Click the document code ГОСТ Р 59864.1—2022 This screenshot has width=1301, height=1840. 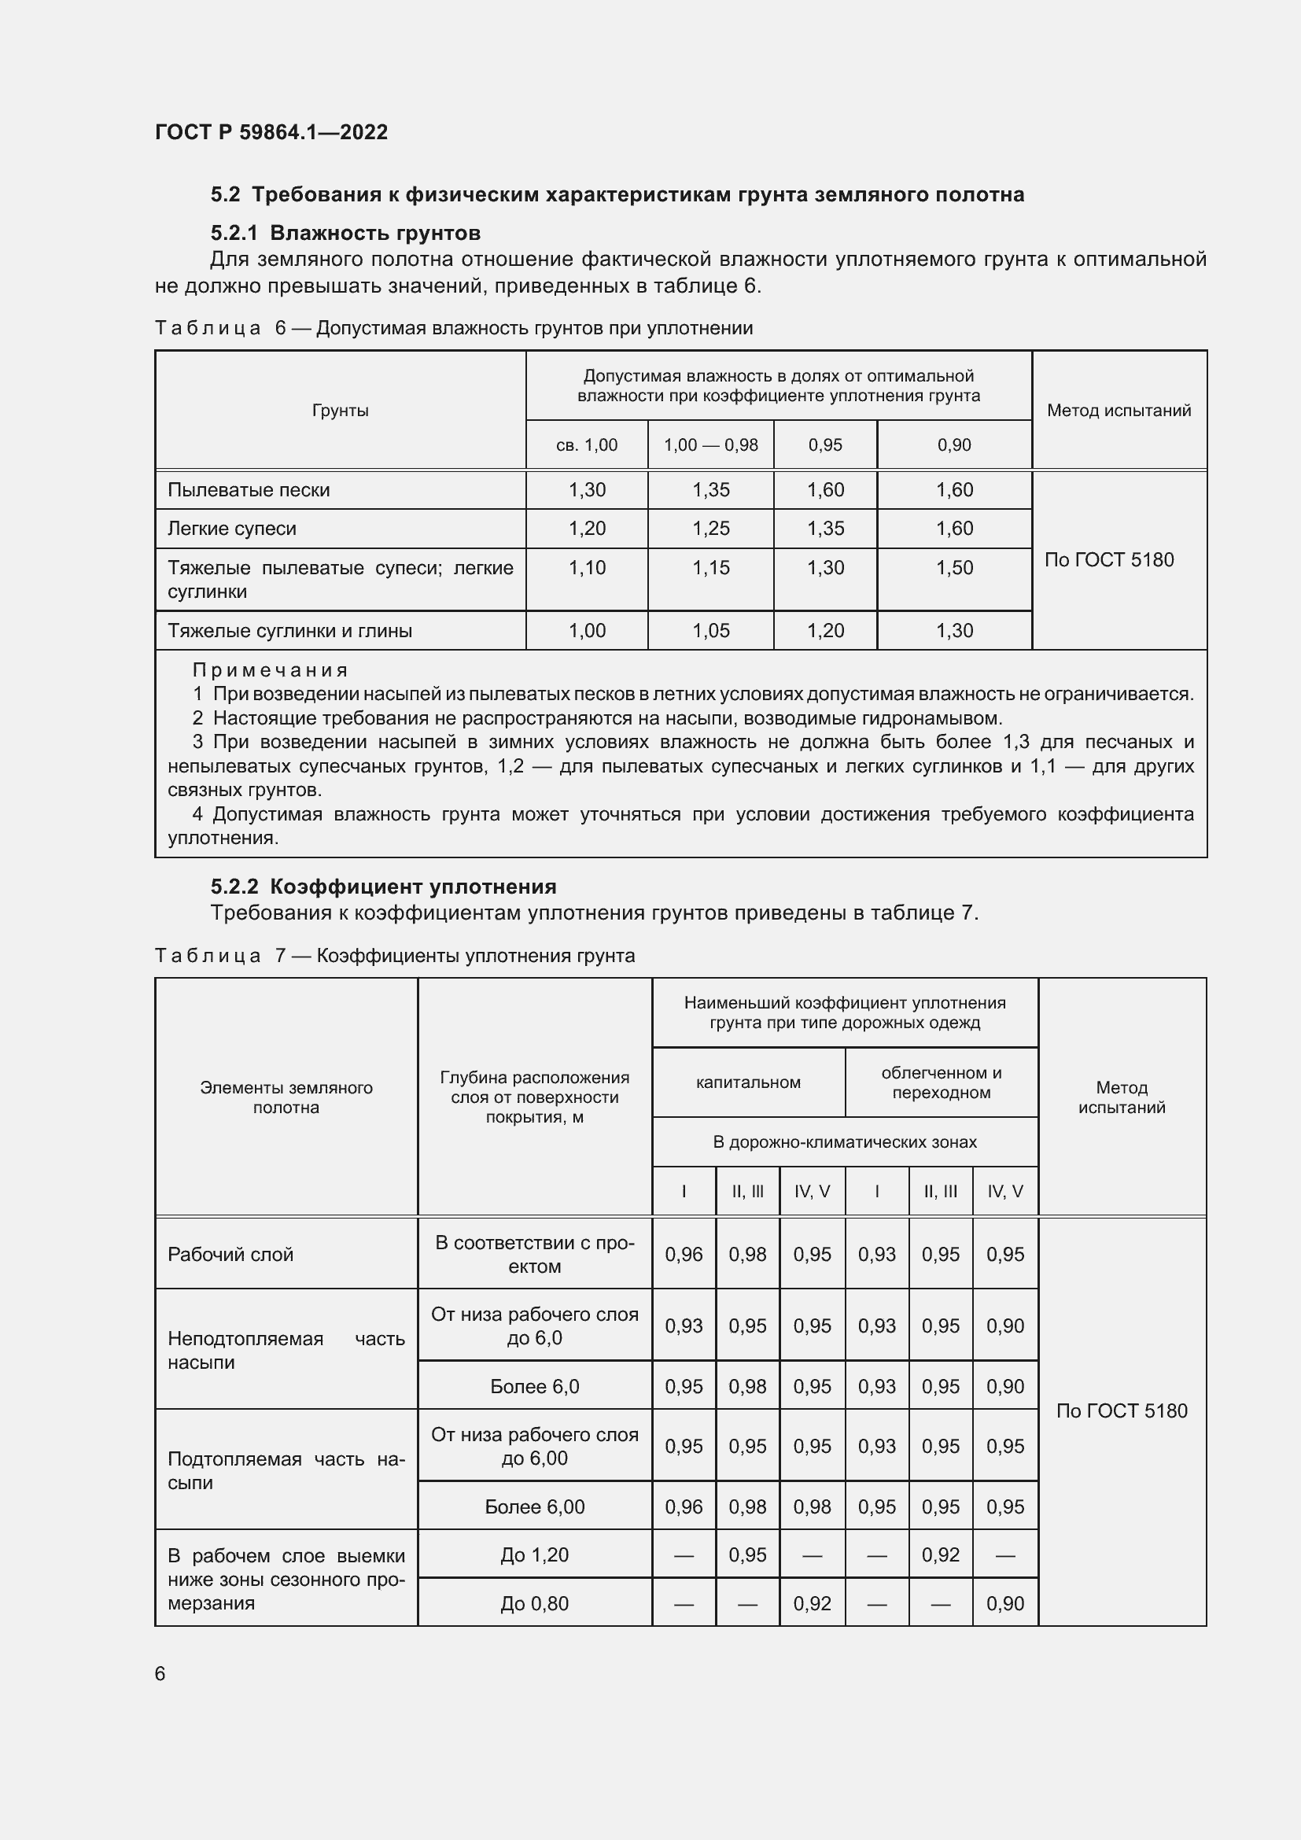tap(271, 132)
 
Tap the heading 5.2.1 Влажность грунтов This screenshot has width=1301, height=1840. tap(345, 233)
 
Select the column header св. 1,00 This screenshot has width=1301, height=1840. tap(587, 444)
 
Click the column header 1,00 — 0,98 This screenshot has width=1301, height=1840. tap(710, 444)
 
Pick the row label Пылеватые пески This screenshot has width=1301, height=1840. tap(249, 489)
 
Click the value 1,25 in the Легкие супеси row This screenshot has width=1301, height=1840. tap(710, 528)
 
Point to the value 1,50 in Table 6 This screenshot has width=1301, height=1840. tap(954, 567)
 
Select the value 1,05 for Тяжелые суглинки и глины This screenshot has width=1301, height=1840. tap(710, 631)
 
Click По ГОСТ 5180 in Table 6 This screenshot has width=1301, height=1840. tap(1109, 559)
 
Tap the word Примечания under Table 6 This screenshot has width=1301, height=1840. tap(270, 670)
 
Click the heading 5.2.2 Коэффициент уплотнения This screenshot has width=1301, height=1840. tap(383, 887)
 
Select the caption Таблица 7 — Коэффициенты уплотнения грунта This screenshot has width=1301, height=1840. tap(394, 955)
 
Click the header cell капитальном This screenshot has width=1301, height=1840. tap(747, 1082)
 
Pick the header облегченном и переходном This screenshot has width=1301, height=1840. tap(941, 1082)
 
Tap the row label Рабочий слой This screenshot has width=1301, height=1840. tap(230, 1254)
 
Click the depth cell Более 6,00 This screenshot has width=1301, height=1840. tap(534, 1506)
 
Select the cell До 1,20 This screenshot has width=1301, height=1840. tap(534, 1554)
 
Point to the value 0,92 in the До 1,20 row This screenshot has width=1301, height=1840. tap(940, 1554)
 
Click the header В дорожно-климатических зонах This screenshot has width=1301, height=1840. tap(844, 1141)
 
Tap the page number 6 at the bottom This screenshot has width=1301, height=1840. tap(160, 1673)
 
